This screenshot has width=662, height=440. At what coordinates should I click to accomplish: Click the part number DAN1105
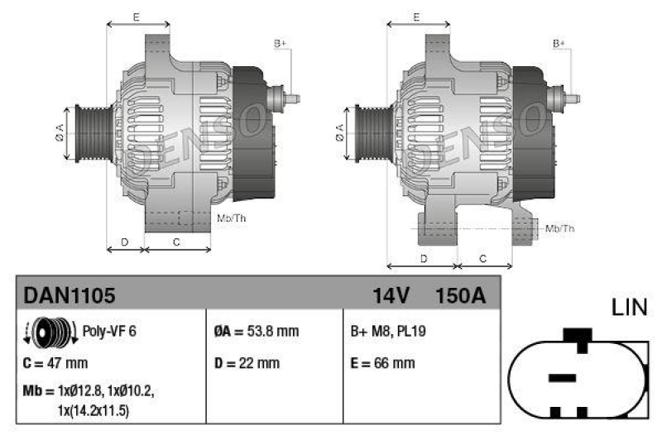(x=69, y=295)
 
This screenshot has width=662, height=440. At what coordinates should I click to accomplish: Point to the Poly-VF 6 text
(x=109, y=332)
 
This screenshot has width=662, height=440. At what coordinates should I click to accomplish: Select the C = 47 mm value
(x=55, y=363)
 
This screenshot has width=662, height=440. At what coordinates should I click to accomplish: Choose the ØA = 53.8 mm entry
(x=256, y=332)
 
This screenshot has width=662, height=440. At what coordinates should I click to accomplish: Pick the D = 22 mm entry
(x=247, y=363)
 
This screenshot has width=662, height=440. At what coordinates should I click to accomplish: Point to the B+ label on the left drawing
(x=280, y=42)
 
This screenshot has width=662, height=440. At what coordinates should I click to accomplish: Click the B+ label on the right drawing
(x=559, y=42)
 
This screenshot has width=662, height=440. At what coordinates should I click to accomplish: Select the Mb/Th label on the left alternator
(x=230, y=218)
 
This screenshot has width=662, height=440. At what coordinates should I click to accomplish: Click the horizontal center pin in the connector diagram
(x=563, y=377)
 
